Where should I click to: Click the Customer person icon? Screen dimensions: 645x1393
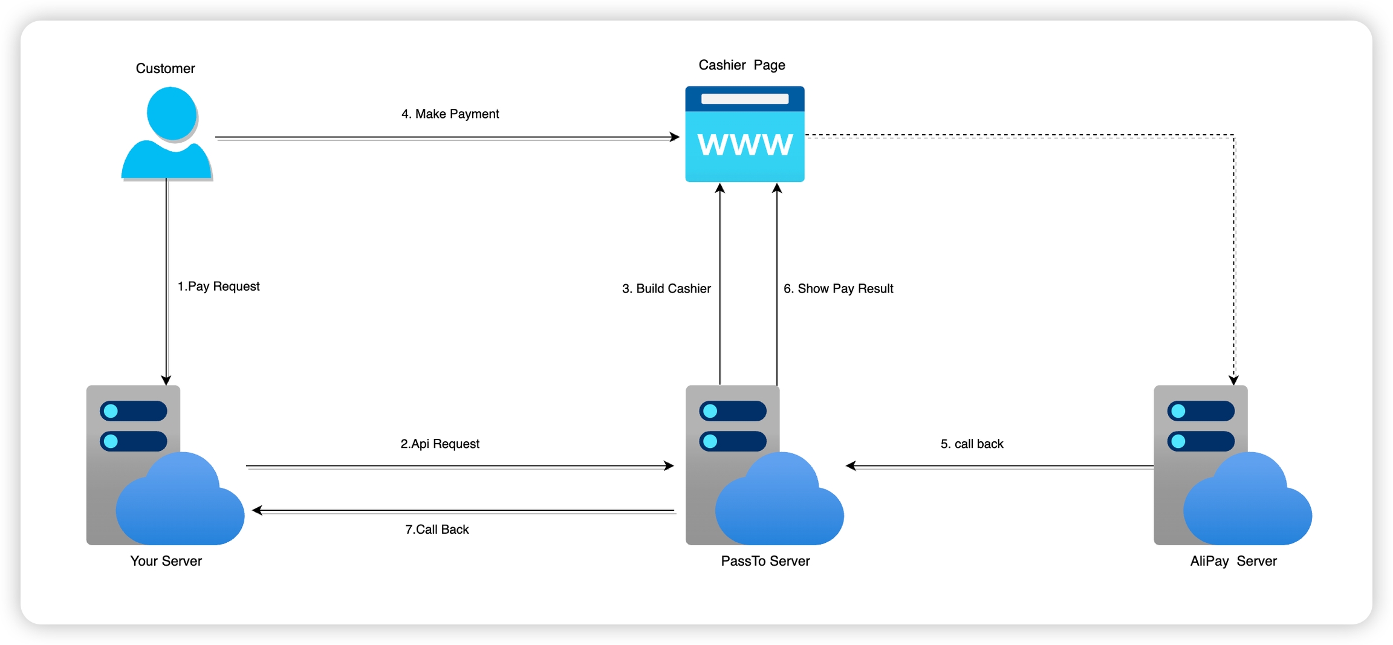(x=167, y=134)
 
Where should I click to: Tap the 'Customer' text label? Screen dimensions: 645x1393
(x=165, y=68)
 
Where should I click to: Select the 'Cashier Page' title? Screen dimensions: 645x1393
(x=742, y=65)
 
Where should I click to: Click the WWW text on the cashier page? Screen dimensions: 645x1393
(x=744, y=145)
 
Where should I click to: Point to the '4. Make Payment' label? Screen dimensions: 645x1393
(x=450, y=114)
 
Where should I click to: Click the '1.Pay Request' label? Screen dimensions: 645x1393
(x=218, y=286)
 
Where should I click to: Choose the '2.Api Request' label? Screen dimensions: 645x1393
(x=440, y=444)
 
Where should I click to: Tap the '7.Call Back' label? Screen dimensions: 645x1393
(x=437, y=529)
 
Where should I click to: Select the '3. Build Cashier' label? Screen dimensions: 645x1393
(x=666, y=288)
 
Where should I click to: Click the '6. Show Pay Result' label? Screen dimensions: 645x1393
(x=838, y=288)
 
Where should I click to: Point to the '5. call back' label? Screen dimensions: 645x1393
(x=972, y=444)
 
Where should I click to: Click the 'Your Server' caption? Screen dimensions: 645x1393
(x=166, y=561)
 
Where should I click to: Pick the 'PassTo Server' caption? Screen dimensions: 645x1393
(x=765, y=561)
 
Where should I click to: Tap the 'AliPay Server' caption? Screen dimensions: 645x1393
(x=1233, y=561)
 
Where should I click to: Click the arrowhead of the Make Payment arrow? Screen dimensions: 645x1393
(x=675, y=137)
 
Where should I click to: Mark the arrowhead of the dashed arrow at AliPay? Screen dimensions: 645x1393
(x=1234, y=380)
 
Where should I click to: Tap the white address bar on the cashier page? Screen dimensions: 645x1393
(x=744, y=99)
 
